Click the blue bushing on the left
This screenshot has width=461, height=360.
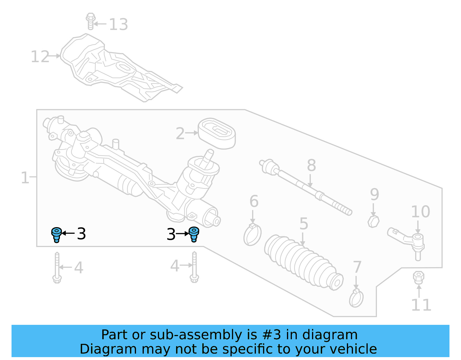tap(56, 235)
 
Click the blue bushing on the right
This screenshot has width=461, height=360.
tap(194, 234)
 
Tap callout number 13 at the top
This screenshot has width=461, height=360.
tap(118, 24)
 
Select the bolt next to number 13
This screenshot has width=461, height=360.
tap(90, 21)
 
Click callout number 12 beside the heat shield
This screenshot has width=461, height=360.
tap(40, 57)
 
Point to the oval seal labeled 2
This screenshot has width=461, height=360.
tap(217, 133)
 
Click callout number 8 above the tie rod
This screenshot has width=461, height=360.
tap(311, 165)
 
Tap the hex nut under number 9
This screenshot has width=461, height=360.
tap(373, 221)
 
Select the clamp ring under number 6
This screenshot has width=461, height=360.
tap(252, 235)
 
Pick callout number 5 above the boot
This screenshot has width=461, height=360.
tap(304, 224)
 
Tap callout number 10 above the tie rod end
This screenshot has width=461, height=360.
tap(420, 212)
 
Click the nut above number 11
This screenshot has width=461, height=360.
tap(418, 277)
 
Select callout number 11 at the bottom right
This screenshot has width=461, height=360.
tap(421, 305)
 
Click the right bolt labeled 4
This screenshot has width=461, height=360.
tap(194, 267)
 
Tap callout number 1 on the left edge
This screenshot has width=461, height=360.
tap(25, 178)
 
